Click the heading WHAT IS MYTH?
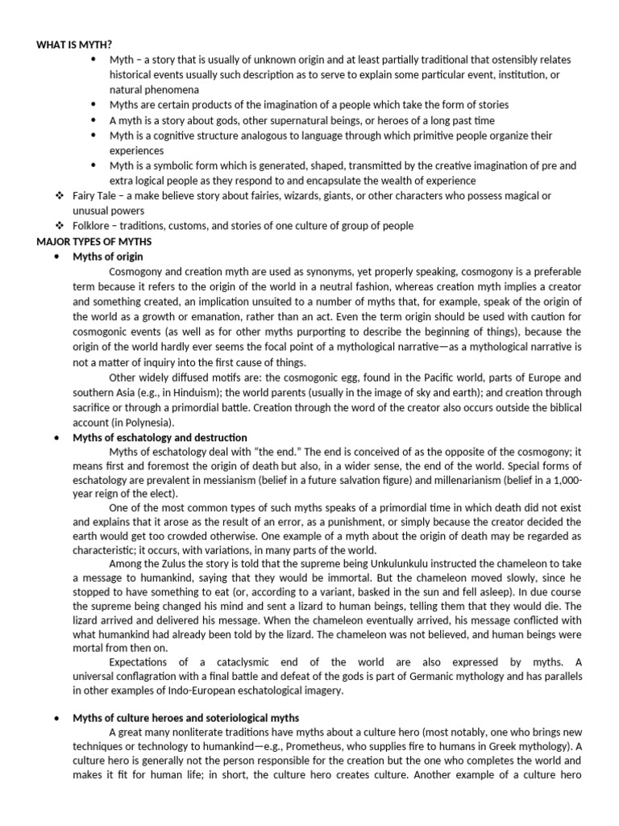click(x=73, y=44)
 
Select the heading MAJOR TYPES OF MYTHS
click(x=93, y=241)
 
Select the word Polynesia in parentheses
click(x=150, y=422)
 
